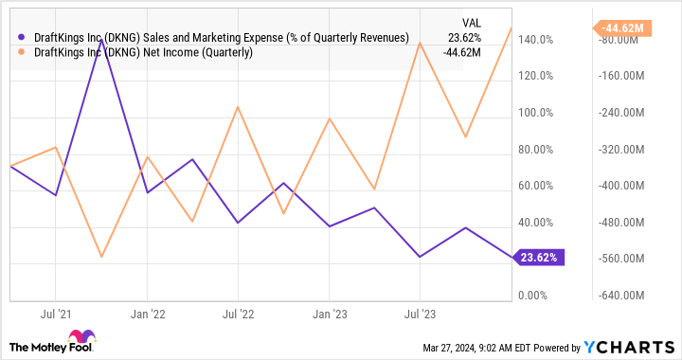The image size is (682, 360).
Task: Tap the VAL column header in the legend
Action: pos(470,21)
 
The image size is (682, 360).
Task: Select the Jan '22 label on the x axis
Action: pos(148,312)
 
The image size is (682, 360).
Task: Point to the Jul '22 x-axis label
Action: pos(238,312)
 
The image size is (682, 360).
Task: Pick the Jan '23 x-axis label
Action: pos(328,312)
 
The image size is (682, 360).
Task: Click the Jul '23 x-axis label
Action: pos(419,312)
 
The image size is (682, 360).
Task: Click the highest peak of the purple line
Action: pos(101,40)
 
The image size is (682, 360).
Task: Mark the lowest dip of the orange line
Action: pos(101,257)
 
